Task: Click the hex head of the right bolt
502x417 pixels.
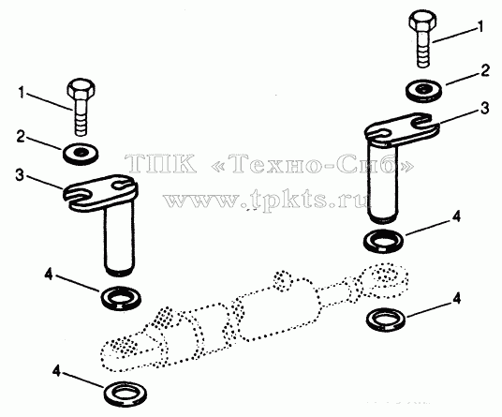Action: [x=423, y=21]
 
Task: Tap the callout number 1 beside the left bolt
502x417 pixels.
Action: [x=22, y=93]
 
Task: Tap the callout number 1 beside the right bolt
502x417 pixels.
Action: [x=480, y=26]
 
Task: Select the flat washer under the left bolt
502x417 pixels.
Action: [x=80, y=154]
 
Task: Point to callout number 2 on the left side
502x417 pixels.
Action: [x=21, y=137]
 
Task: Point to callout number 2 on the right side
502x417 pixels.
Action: [x=485, y=70]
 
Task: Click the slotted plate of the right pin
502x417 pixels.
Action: [x=402, y=128]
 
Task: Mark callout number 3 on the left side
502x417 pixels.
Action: [x=20, y=175]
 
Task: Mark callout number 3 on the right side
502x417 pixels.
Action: [x=485, y=109]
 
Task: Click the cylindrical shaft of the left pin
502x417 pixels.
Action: [x=119, y=240]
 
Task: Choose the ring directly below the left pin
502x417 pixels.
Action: [x=121, y=298]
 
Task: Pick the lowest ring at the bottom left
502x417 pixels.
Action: [x=125, y=395]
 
